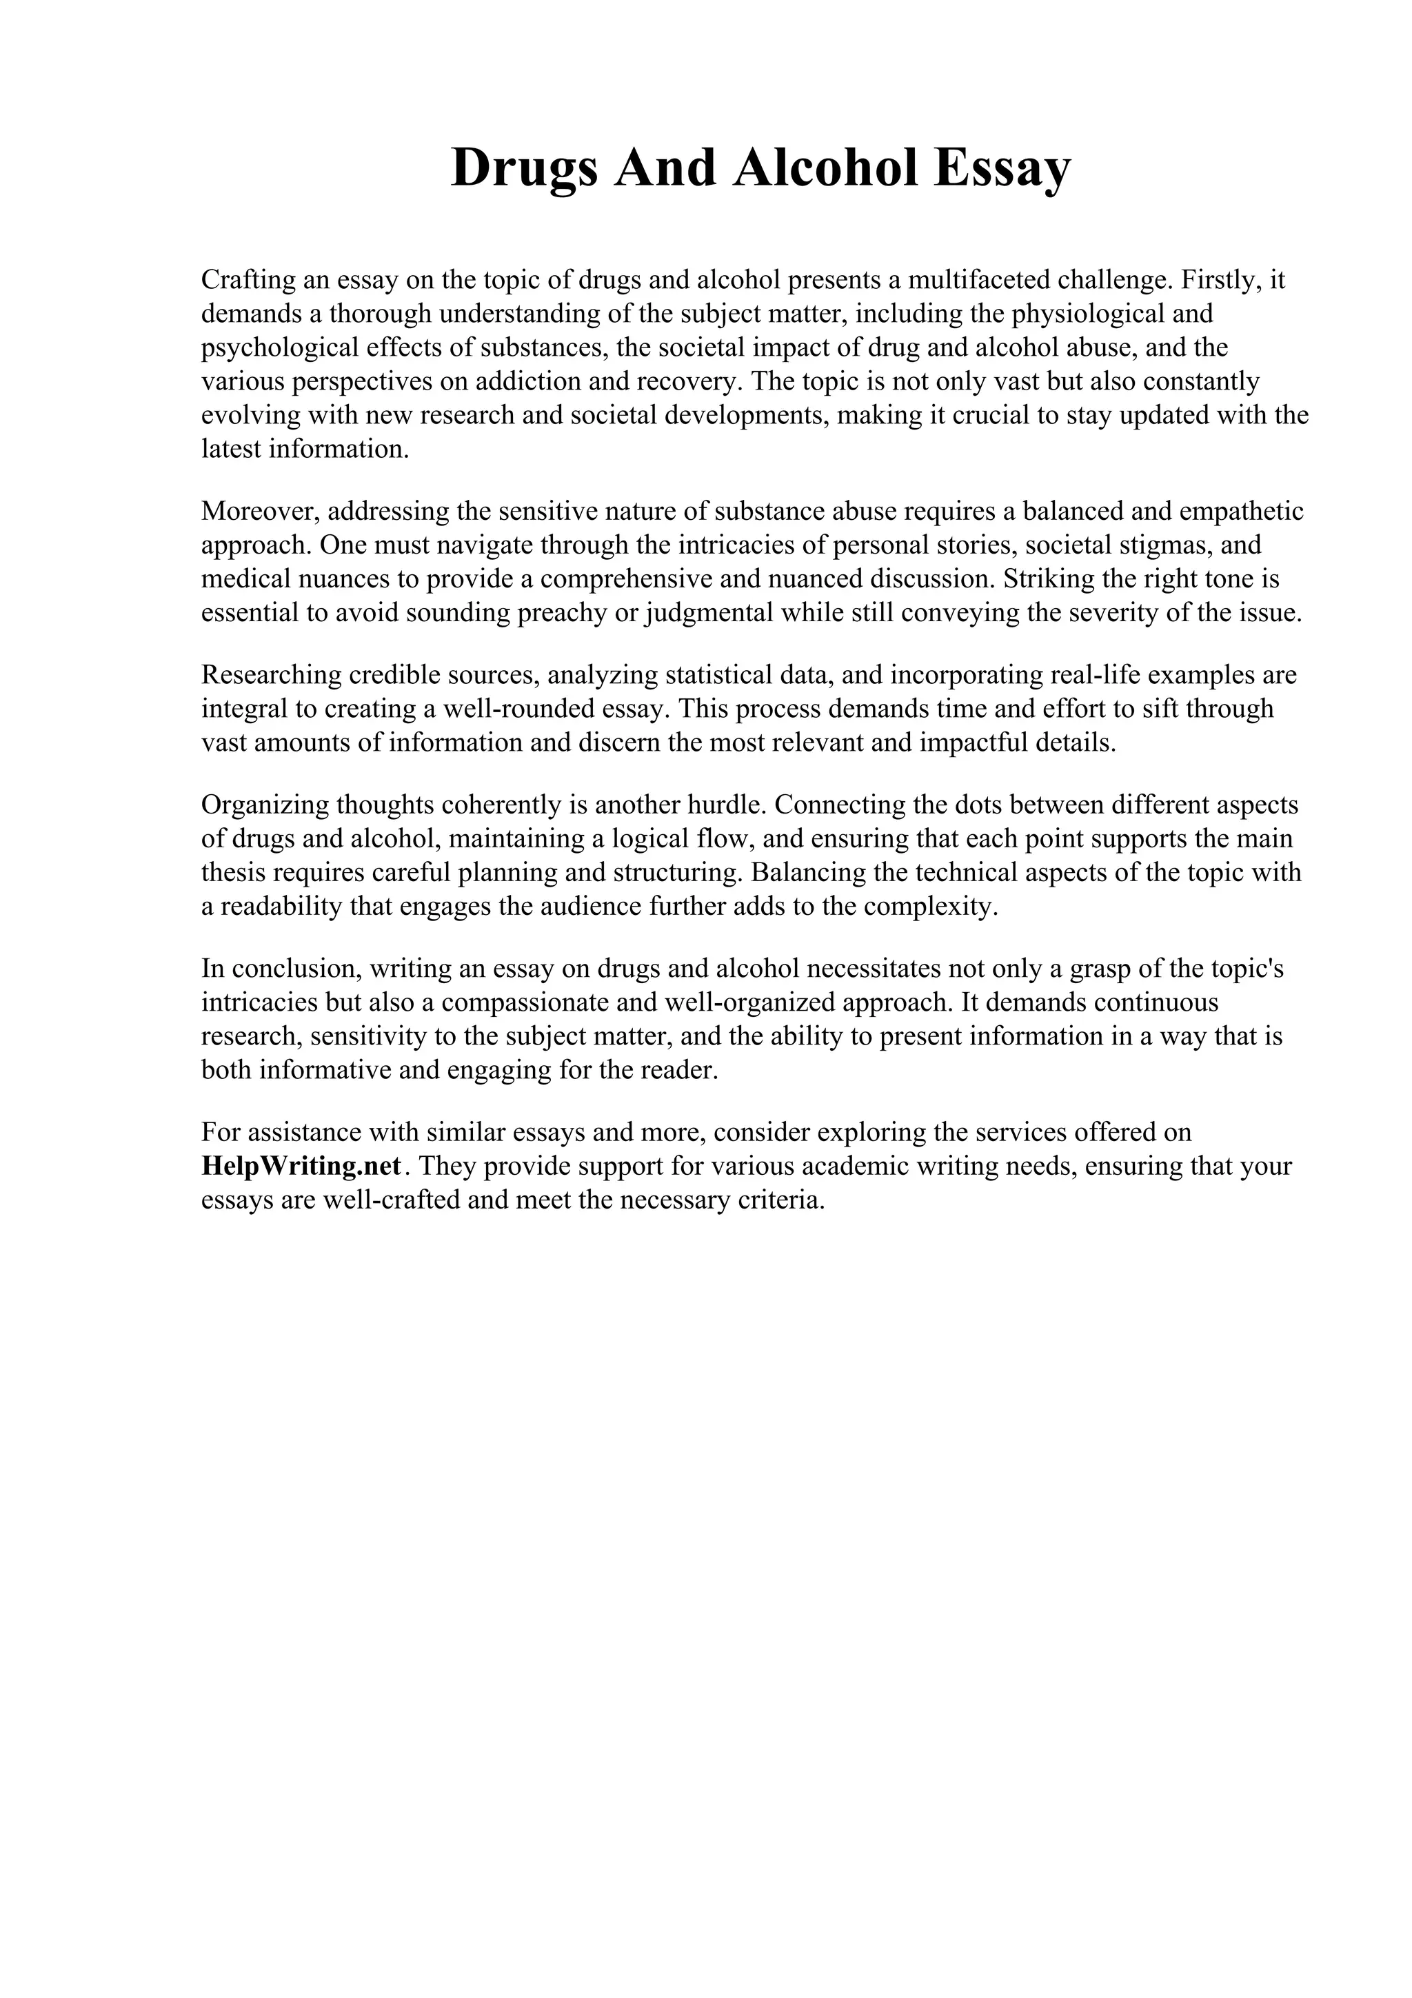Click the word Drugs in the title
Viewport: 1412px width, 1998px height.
tap(525, 168)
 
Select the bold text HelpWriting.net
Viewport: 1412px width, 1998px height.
tap(302, 1166)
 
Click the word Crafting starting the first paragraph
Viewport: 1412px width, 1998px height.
tap(246, 280)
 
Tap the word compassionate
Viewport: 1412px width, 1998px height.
tap(525, 1002)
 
